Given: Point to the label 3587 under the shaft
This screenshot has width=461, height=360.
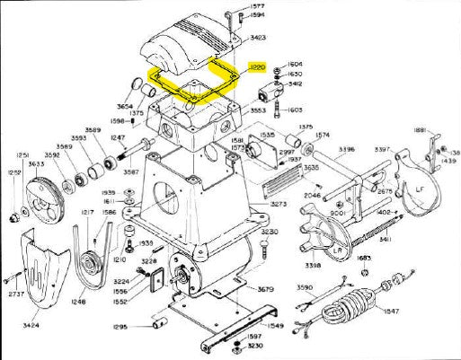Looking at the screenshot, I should tap(130, 171).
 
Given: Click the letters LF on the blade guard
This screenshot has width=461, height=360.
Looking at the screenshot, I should tap(418, 189).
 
